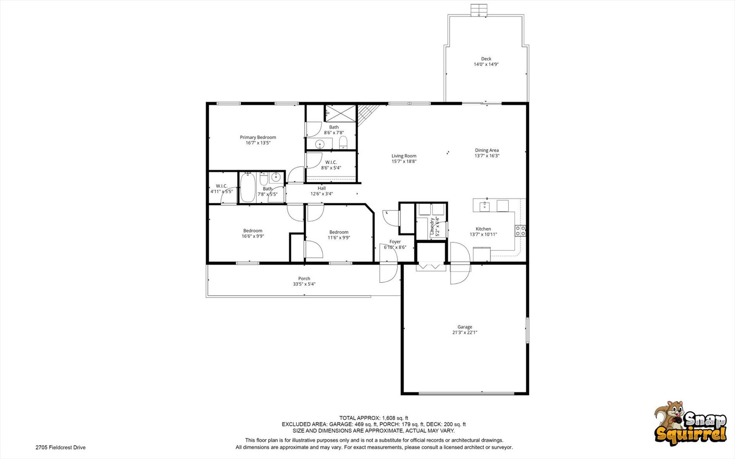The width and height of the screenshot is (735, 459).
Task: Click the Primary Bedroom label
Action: [258, 137]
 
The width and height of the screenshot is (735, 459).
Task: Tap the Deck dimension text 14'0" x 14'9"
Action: [486, 65]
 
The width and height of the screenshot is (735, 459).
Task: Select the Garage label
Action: [465, 327]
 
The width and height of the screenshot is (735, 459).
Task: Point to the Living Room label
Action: [404, 156]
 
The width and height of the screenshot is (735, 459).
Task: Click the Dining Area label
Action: [487, 150]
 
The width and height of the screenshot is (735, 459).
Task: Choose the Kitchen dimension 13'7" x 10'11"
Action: [483, 235]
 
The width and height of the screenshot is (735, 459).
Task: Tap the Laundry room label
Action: [432, 227]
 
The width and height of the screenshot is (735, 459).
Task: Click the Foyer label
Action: [395, 241]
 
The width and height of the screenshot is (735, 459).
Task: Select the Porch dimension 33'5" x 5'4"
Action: [304, 284]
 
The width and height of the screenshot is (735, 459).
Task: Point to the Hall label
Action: [321, 188]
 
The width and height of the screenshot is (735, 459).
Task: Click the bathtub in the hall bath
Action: [247, 187]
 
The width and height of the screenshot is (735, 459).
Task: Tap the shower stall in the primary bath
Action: [340, 113]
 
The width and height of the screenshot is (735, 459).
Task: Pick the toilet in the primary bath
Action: [343, 142]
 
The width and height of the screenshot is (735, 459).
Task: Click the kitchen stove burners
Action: [520, 231]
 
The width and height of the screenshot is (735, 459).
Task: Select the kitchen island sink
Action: [485, 206]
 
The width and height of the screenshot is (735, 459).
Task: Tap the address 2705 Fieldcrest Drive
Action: [60, 448]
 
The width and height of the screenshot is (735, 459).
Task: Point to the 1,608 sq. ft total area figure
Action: [395, 418]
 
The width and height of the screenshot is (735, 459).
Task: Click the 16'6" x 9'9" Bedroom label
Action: [253, 234]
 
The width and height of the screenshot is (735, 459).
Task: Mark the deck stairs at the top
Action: [478, 10]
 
